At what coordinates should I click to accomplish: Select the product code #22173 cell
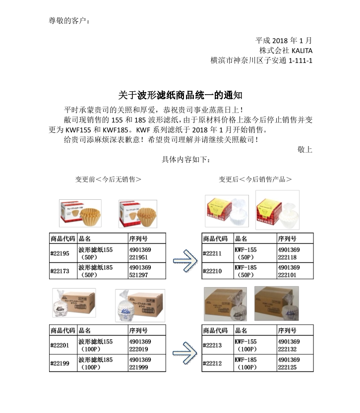[x=60, y=271]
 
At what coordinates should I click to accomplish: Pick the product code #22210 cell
[x=213, y=271]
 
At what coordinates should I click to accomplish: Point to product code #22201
[x=60, y=345]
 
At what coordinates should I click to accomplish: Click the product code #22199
[x=60, y=363]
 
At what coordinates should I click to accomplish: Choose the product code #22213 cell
[x=213, y=345]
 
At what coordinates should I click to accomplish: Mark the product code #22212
[x=213, y=363]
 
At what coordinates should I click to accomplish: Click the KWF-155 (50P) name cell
[x=246, y=254]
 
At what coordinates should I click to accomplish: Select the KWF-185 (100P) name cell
[x=246, y=363]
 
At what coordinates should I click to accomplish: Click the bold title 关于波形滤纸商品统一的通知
[x=180, y=95]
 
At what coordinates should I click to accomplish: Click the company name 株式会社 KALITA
[x=286, y=50]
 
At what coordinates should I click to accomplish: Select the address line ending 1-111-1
[x=261, y=60]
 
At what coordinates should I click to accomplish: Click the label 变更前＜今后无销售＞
[x=108, y=179]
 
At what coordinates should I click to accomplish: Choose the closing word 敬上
[x=304, y=149]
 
